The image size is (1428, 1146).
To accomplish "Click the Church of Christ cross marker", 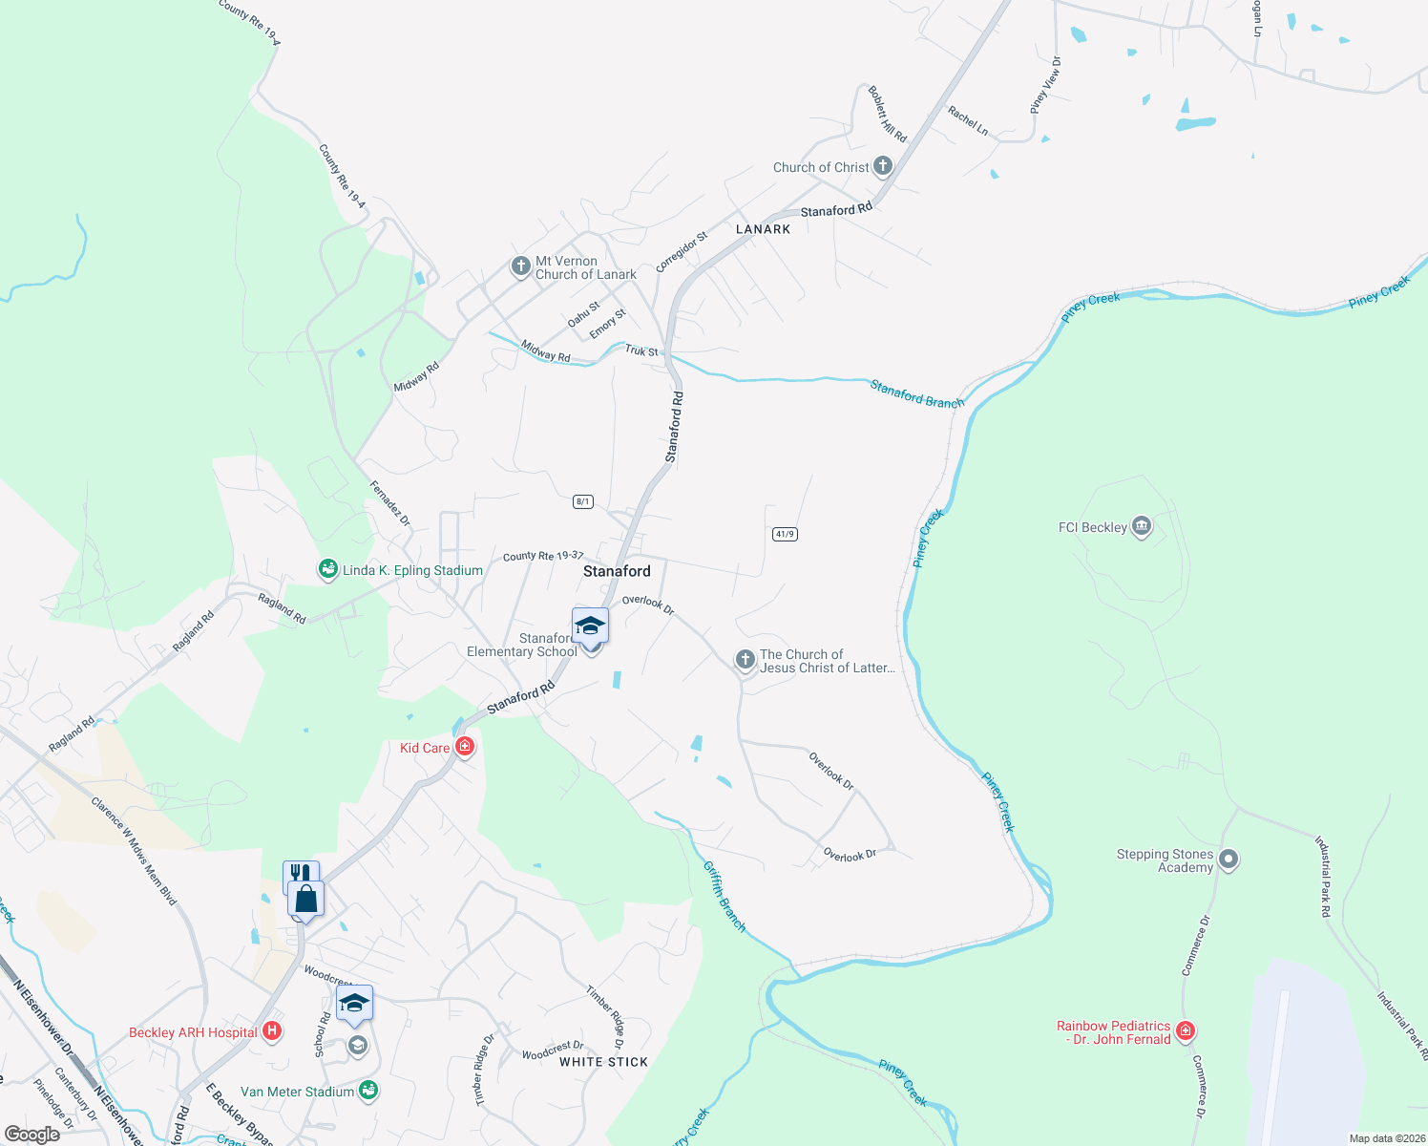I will [x=882, y=166].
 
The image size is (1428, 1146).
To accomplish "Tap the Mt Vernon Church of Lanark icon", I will [x=520, y=266].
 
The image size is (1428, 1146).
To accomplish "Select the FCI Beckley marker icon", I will [x=1141, y=526].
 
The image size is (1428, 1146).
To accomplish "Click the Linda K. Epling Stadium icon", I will [x=327, y=569].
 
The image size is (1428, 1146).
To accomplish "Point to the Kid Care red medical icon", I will [x=465, y=747].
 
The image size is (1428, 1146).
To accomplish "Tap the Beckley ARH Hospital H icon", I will [x=272, y=1031].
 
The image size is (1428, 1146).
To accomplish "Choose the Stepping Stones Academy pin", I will [x=1228, y=859].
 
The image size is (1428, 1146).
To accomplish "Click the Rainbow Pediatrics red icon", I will [x=1185, y=1031].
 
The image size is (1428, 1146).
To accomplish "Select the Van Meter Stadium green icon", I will [x=368, y=1091].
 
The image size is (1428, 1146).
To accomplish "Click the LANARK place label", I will [x=763, y=229].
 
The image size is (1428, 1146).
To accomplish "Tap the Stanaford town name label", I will [x=617, y=571].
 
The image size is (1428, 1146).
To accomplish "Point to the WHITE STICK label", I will [x=603, y=1062].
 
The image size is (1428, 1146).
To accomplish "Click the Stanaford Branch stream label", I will [x=916, y=393].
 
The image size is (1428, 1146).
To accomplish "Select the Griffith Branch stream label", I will [x=724, y=896].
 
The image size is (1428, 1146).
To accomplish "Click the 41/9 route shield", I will [x=785, y=534].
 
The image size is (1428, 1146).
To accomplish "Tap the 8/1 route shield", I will [x=583, y=501].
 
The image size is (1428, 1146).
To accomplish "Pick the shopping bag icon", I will [x=305, y=900].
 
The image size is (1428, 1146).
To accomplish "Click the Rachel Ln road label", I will [x=968, y=119].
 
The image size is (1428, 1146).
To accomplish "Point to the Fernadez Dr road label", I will [x=389, y=502].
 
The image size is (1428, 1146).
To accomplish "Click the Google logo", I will [x=31, y=1135].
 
